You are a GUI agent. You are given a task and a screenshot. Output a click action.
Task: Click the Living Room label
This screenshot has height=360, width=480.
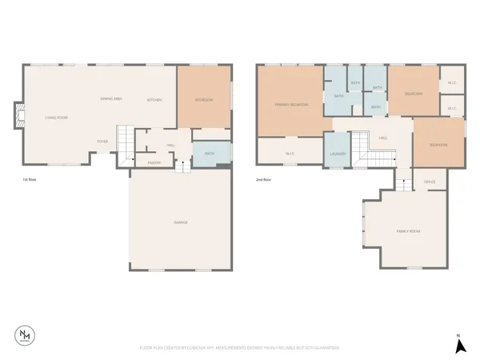(56, 118)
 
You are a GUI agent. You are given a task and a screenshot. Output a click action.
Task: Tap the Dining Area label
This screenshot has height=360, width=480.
(111, 98)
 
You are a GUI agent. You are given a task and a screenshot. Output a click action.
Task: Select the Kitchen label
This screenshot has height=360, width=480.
(154, 100)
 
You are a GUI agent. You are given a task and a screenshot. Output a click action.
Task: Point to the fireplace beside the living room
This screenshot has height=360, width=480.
(18, 115)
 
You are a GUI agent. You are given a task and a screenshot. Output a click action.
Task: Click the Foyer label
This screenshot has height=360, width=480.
(103, 142)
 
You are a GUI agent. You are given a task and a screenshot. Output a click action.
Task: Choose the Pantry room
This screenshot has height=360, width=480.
(155, 162)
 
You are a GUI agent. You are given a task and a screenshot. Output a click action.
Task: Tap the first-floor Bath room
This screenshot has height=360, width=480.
(210, 153)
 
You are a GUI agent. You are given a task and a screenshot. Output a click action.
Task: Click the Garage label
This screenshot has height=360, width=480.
(182, 222)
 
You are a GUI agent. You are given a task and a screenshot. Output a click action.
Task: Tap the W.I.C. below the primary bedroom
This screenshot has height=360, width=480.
(289, 152)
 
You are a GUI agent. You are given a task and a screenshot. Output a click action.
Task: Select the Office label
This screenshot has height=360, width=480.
(429, 182)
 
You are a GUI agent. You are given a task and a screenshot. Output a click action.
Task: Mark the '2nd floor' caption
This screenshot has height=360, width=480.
(263, 181)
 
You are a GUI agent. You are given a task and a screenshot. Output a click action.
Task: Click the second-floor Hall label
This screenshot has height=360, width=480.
(384, 138)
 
